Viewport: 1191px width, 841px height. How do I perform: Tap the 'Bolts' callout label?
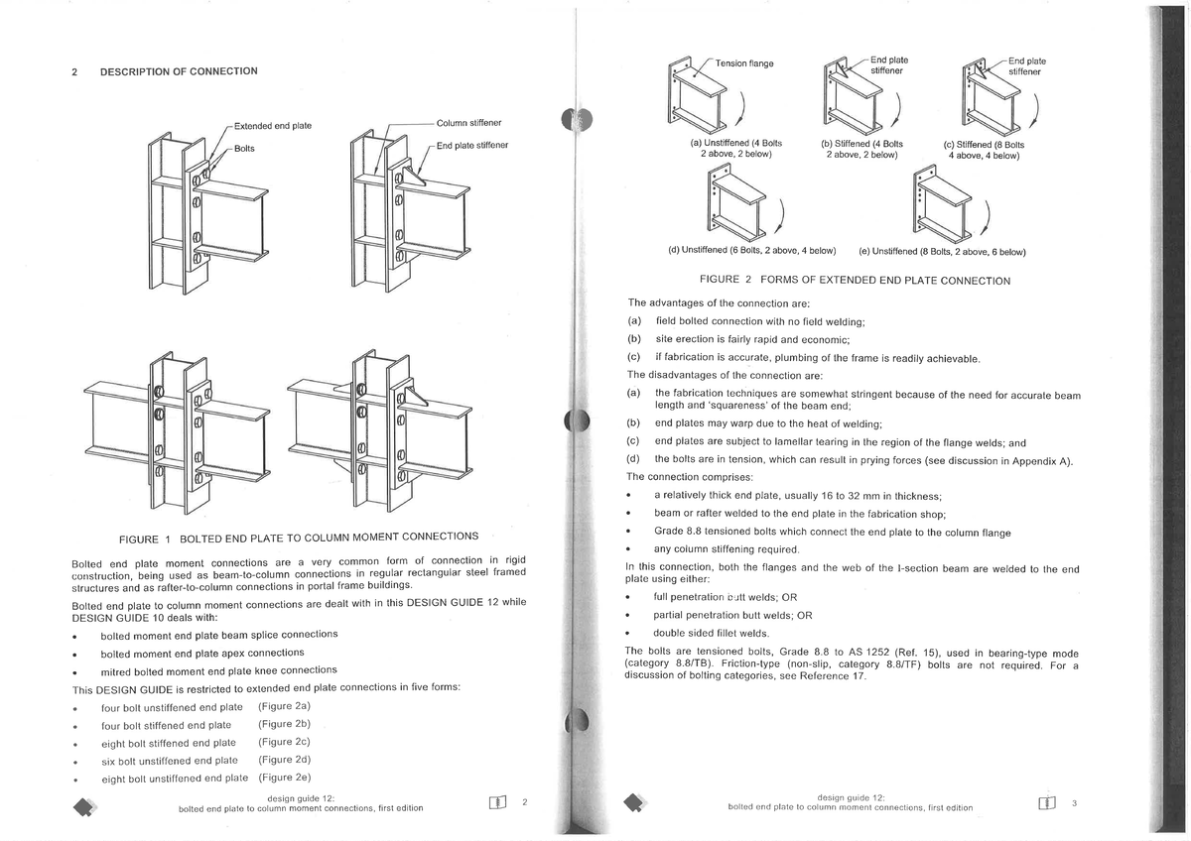(x=244, y=148)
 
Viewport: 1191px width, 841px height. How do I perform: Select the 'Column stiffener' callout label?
(x=468, y=123)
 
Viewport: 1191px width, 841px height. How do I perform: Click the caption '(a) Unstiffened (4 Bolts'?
(x=735, y=144)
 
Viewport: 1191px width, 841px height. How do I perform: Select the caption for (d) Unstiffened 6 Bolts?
(x=751, y=249)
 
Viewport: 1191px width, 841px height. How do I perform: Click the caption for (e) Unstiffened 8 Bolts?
(x=942, y=251)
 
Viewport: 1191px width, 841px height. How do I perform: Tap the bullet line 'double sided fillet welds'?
(x=712, y=633)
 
